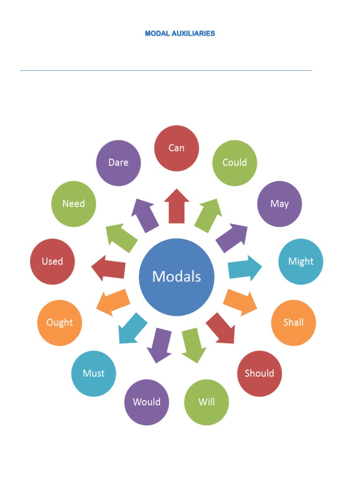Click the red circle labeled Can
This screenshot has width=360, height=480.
pyautogui.click(x=177, y=148)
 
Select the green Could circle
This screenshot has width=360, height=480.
pyautogui.click(x=234, y=163)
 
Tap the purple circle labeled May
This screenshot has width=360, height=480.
pyautogui.click(x=279, y=204)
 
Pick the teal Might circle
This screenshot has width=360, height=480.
pyautogui.click(x=301, y=262)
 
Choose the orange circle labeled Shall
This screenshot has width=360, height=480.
pyautogui.click(x=293, y=322)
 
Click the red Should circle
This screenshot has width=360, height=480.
pyautogui.click(x=259, y=374)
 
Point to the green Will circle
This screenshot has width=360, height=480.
pyautogui.click(x=206, y=402)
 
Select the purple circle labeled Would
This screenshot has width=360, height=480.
pyautogui.click(x=147, y=402)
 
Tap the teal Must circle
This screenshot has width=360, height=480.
pyautogui.click(x=94, y=374)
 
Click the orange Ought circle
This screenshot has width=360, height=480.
pyautogui.click(x=60, y=322)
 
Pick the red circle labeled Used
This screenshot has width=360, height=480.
pyautogui.click(x=52, y=262)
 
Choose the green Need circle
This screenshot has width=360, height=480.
pyautogui.click(x=74, y=204)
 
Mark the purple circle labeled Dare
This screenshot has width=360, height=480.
pyautogui.click(x=118, y=163)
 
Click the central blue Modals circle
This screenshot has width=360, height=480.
pyautogui.click(x=177, y=277)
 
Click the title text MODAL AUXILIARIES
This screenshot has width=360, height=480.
pyautogui.click(x=180, y=34)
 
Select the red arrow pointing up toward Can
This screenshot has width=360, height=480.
pyautogui.click(x=177, y=206)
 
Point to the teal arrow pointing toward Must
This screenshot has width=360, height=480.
pyautogui.click(x=131, y=328)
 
